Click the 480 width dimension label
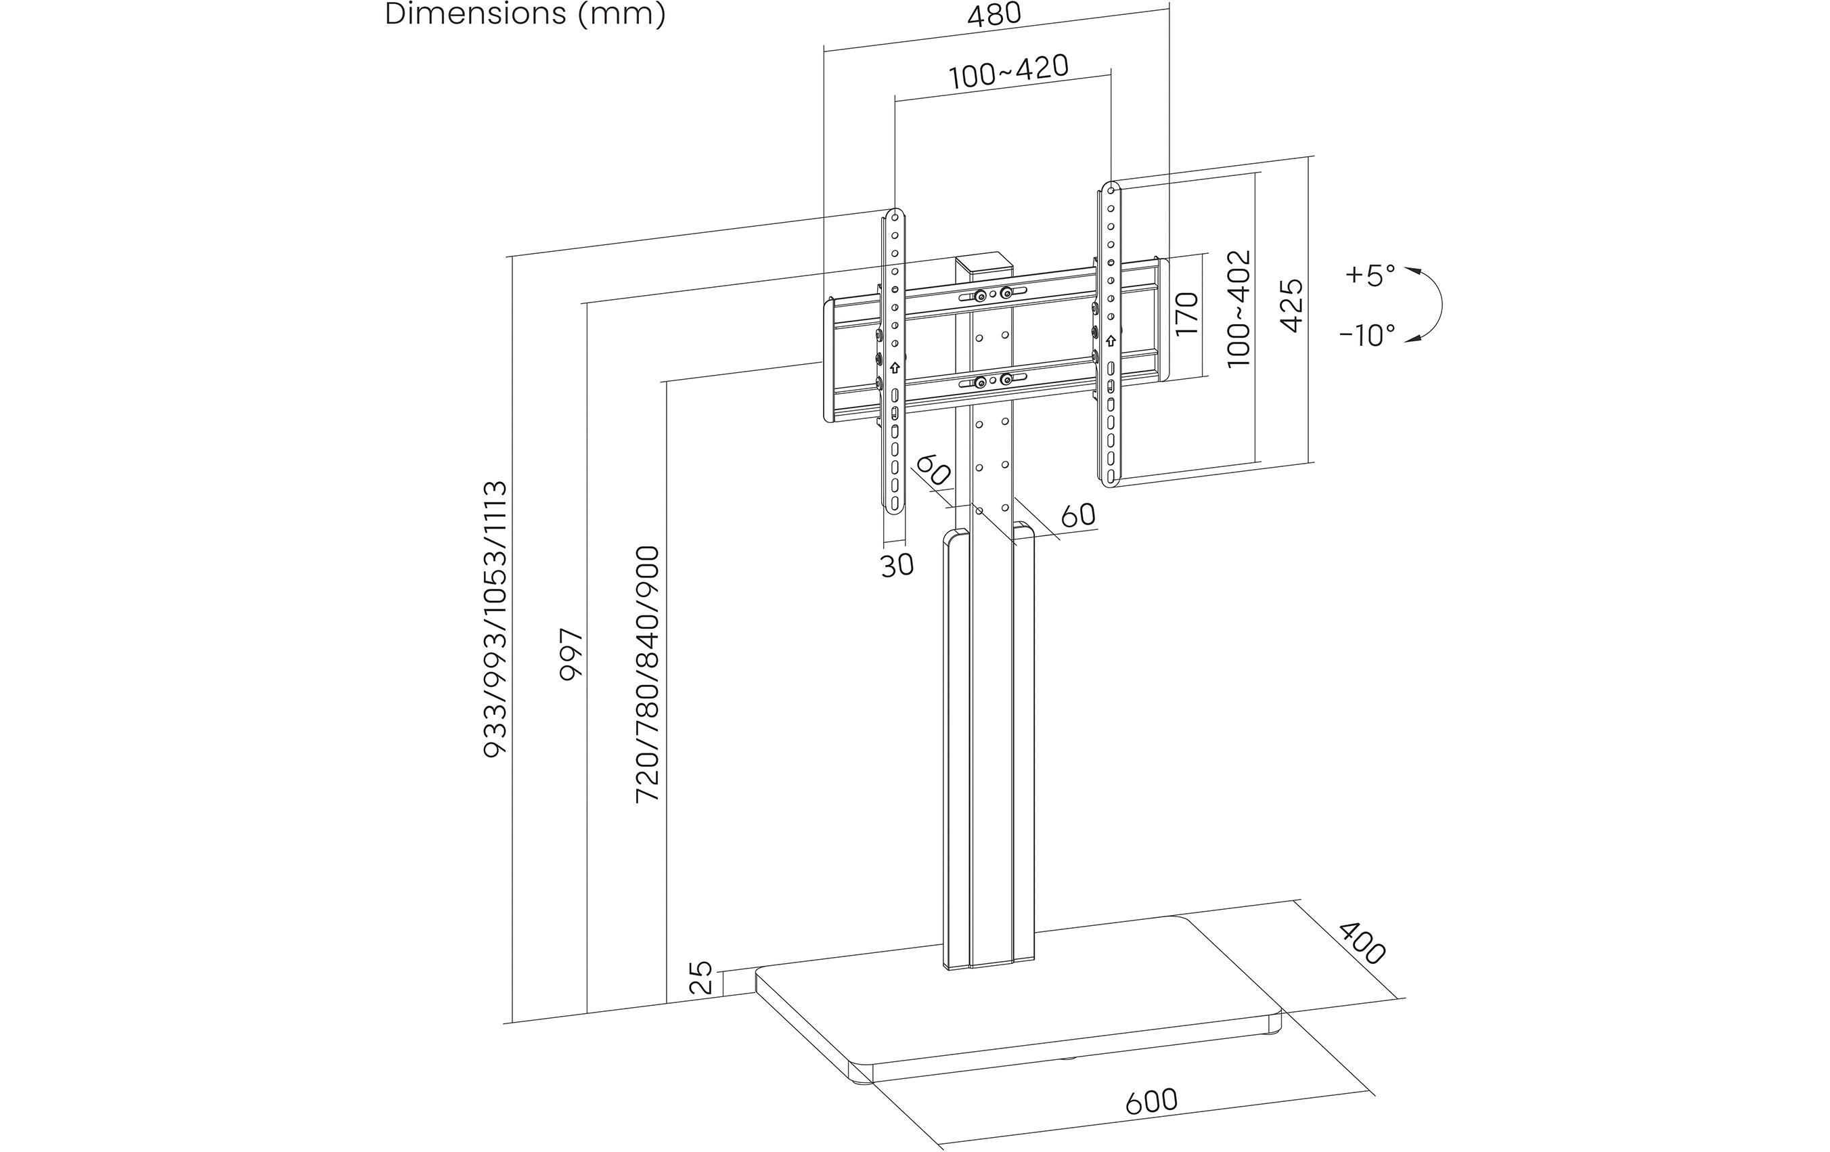tap(994, 15)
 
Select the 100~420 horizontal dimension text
tap(1008, 72)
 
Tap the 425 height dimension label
tap(1292, 305)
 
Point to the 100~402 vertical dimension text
tap(1238, 309)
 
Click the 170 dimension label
tap(1186, 313)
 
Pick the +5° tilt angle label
tap(1370, 274)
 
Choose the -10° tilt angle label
tap(1367, 335)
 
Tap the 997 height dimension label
tap(571, 655)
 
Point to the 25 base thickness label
tap(701, 978)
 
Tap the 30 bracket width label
tap(897, 565)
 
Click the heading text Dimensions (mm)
tap(525, 14)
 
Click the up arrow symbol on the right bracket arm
tap(1111, 340)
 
